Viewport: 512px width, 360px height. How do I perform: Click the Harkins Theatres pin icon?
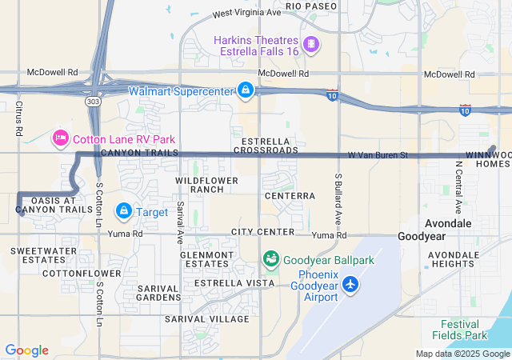pyautogui.click(x=311, y=43)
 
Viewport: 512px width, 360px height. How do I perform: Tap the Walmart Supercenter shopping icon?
pyautogui.click(x=246, y=90)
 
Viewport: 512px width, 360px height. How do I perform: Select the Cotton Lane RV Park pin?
pyautogui.click(x=60, y=138)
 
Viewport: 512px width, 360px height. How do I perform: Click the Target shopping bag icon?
pyautogui.click(x=124, y=211)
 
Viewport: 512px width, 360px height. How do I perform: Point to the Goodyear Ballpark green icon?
pyautogui.click(x=271, y=260)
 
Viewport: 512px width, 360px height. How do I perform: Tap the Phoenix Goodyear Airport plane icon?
pyautogui.click(x=350, y=284)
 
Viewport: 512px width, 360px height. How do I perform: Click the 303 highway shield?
pyautogui.click(x=94, y=102)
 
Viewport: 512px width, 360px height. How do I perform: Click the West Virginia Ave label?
pyautogui.click(x=247, y=14)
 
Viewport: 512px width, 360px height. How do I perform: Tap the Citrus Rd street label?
pyautogui.click(x=18, y=117)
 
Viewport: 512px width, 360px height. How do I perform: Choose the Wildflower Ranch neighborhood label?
pyautogui.click(x=208, y=185)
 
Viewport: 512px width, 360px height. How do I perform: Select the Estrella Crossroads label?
pyautogui.click(x=259, y=146)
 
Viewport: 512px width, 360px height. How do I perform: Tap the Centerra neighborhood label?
pyautogui.click(x=289, y=195)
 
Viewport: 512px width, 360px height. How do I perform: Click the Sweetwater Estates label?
pyautogui.click(x=38, y=255)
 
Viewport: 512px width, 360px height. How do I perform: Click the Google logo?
pyautogui.click(x=26, y=350)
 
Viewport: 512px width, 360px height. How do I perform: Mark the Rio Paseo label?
pyautogui.click(x=306, y=6)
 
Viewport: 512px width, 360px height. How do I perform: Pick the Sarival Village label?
pyautogui.click(x=207, y=318)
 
